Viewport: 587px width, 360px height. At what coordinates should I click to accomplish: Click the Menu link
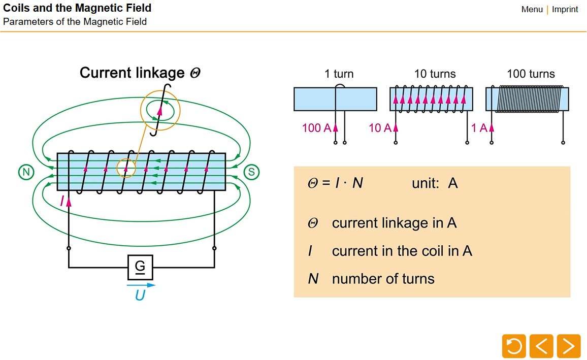coord(532,9)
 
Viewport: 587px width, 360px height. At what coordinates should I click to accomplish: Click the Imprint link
coord(565,9)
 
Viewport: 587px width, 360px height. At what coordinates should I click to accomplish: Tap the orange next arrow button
coord(568,346)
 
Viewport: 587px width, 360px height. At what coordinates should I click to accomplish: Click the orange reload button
coord(514,346)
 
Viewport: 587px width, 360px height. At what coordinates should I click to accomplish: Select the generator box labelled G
coord(140,267)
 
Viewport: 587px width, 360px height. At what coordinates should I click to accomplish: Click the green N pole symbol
coord(25,172)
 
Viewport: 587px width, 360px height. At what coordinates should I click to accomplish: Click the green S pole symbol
coord(251,172)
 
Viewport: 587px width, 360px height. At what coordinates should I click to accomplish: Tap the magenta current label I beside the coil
coord(62,202)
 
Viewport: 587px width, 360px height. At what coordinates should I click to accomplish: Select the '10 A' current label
coord(380,128)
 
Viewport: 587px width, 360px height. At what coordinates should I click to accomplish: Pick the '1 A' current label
coord(479,128)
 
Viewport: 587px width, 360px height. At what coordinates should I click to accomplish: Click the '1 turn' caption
coord(339,74)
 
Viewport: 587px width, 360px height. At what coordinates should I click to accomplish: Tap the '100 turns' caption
coord(531,74)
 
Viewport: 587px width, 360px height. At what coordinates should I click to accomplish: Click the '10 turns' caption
coord(435,74)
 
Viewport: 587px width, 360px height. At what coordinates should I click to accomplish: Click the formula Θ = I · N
coord(336,183)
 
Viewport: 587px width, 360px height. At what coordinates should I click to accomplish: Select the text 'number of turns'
coord(383,279)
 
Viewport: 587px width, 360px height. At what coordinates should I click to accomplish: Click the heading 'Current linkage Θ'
coord(140,73)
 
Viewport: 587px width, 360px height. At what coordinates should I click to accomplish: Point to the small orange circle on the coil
coord(126,168)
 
